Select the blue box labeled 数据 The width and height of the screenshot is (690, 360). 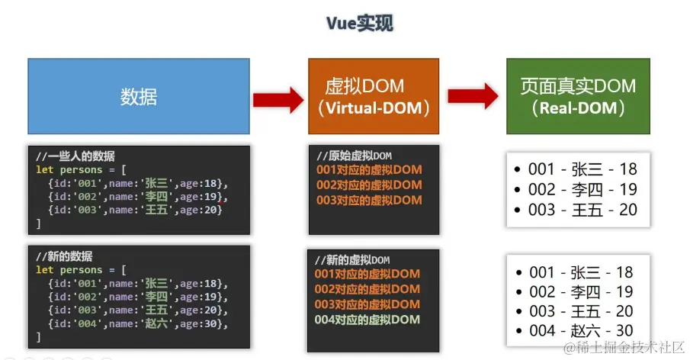(139, 96)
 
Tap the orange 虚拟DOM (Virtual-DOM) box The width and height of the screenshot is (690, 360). (373, 96)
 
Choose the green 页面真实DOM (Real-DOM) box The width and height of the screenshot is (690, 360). (578, 96)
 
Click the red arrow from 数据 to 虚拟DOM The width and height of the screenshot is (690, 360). (278, 98)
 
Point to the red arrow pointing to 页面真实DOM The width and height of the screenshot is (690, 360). (473, 96)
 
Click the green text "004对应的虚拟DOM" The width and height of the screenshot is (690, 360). (367, 319)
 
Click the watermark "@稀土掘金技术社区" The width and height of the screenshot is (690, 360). (624, 347)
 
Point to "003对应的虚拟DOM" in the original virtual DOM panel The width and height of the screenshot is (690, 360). (369, 200)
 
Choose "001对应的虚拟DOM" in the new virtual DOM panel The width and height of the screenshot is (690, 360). (367, 274)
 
